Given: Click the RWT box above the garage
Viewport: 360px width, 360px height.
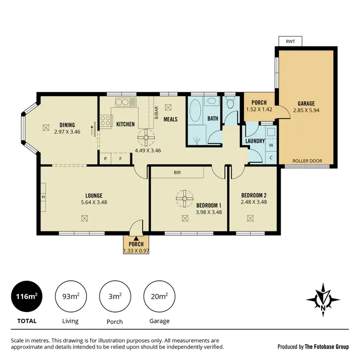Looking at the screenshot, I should coord(290,41).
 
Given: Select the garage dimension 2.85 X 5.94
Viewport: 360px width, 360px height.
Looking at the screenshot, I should coord(306,110).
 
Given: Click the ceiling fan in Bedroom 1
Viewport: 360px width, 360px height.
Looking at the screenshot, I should coord(183,199).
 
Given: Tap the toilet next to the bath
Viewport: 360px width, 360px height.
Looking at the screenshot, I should coord(230,104).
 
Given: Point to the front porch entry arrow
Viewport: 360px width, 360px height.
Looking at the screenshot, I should coord(136,238).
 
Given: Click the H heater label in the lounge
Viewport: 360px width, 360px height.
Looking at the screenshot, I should coord(43,197).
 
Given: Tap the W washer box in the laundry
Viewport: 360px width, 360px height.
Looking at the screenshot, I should coord(271,144).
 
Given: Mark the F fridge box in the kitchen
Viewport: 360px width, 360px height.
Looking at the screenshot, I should coord(120,157).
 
